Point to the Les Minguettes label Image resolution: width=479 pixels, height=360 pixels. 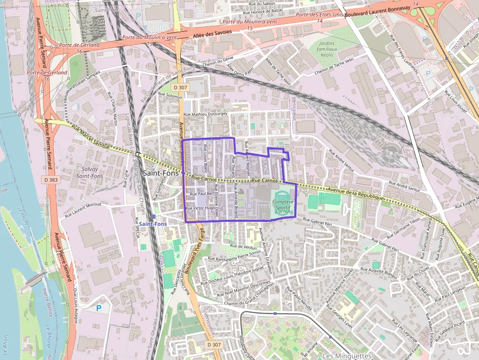coord(347,355)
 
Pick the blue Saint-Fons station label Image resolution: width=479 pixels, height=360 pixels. coord(152,224)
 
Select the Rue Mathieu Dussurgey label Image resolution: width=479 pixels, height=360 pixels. coord(205,114)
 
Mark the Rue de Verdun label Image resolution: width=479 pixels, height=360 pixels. coord(243,247)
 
